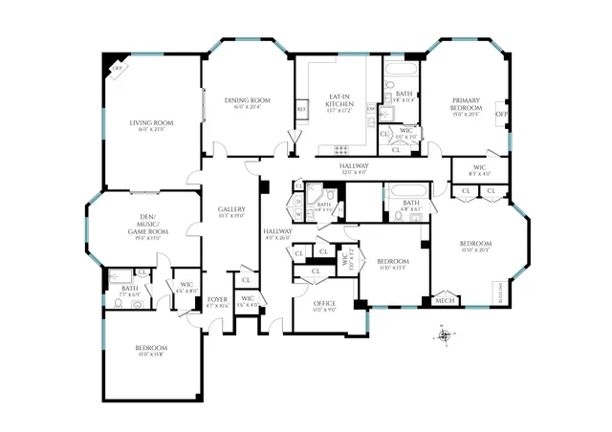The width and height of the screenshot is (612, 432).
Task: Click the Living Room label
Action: (151, 122)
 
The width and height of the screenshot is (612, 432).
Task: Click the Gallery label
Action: (232, 209)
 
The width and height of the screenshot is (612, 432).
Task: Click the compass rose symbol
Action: (444, 335)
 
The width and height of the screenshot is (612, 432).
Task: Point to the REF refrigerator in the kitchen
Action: (300, 110)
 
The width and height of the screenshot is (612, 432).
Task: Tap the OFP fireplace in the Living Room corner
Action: (119, 69)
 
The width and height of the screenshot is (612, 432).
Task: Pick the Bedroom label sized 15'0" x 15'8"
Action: (151, 348)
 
